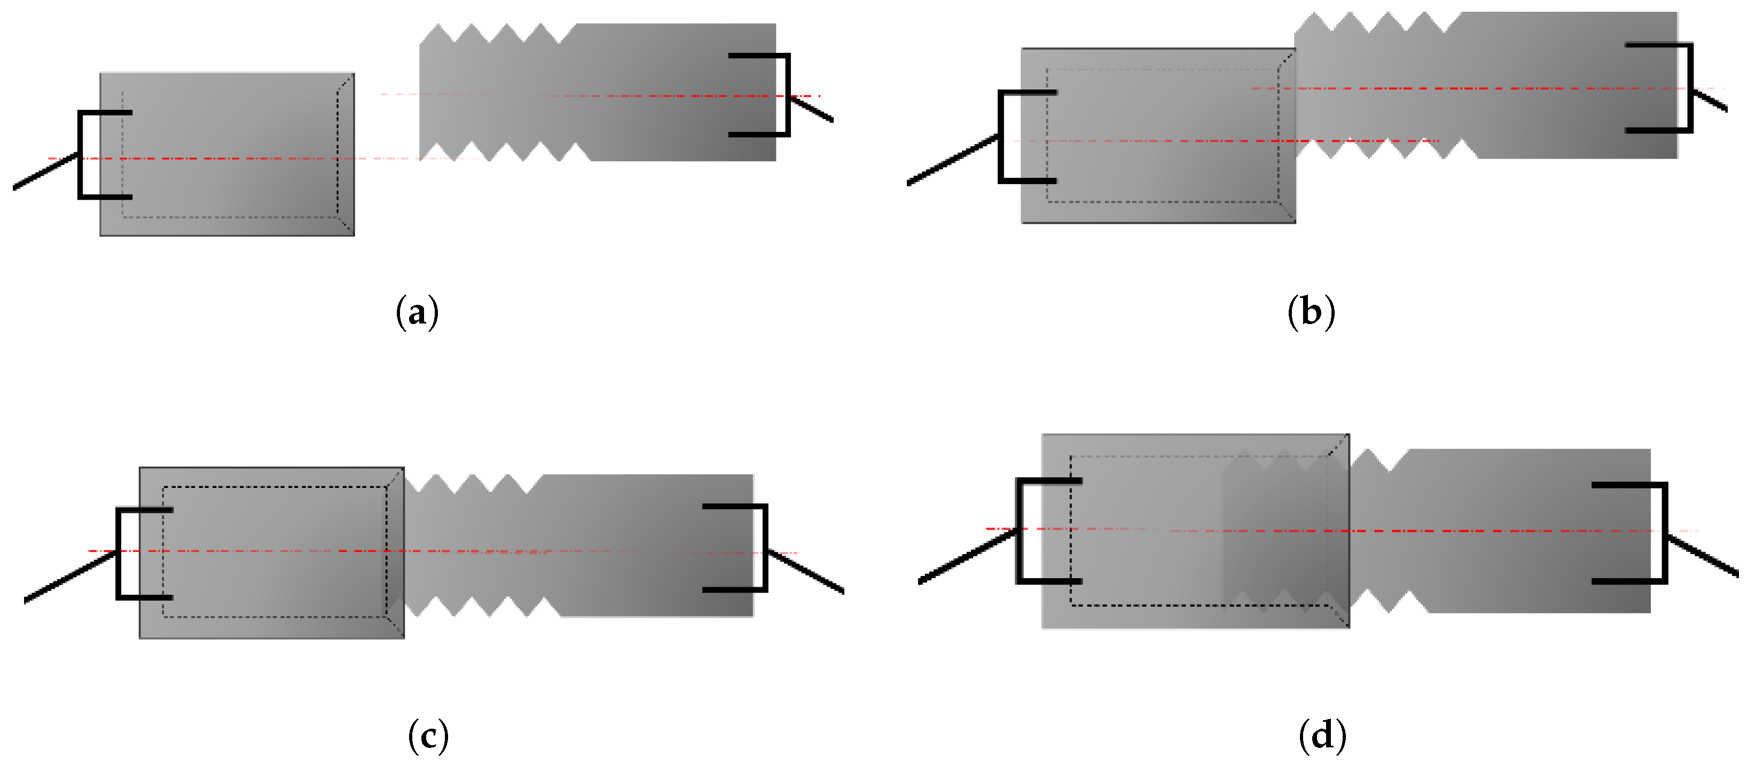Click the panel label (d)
pyautogui.click(x=1322, y=736)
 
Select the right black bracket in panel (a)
pyautogui.click(x=787, y=95)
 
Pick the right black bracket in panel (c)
pyautogui.click(x=765, y=548)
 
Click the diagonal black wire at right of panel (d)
pyautogui.click(x=1703, y=556)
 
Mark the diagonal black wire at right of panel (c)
pyautogui.click(x=806, y=572)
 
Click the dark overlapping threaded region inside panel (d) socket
pyautogui.click(x=1276, y=529)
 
